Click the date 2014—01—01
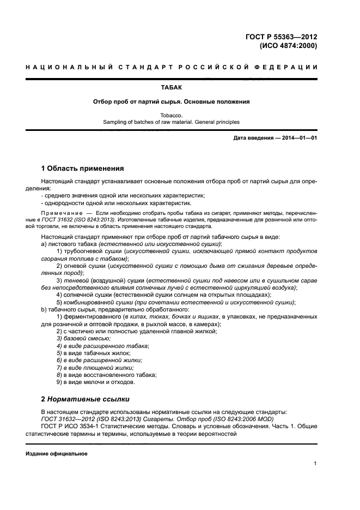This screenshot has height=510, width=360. click(x=298, y=137)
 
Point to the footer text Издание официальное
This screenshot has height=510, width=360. click(x=57, y=454)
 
